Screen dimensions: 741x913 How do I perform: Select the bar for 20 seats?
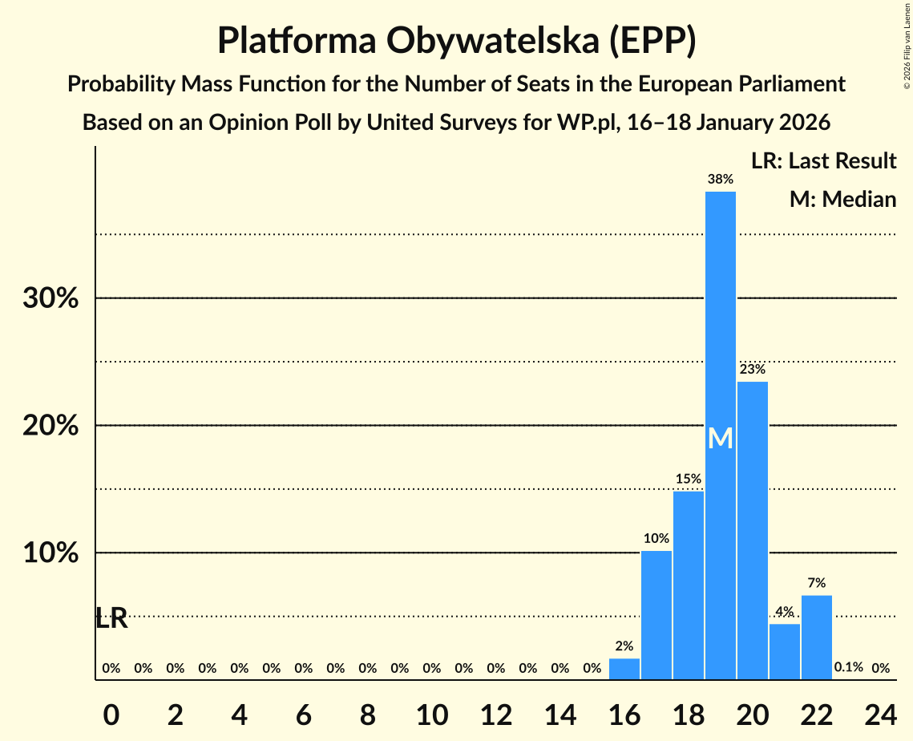click(x=752, y=529)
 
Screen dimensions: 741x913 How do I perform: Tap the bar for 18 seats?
click(x=688, y=585)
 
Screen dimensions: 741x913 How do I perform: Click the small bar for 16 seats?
click(x=624, y=669)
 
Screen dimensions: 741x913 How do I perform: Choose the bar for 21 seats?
click(x=784, y=651)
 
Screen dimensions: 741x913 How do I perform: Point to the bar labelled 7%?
click(x=816, y=637)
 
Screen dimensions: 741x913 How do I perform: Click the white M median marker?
click(x=720, y=438)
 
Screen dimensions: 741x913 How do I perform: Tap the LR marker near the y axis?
click(x=111, y=618)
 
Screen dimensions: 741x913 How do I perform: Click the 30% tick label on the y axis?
click(x=50, y=298)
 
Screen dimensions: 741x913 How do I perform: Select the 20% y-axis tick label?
click(x=50, y=426)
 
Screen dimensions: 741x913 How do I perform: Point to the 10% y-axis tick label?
click(x=50, y=553)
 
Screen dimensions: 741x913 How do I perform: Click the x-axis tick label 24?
click(x=880, y=713)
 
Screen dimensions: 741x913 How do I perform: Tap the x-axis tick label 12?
click(x=495, y=713)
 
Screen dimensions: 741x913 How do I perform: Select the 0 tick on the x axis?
click(x=111, y=713)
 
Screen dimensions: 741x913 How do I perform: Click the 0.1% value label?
click(x=848, y=667)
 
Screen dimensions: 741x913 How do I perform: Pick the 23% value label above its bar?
click(x=752, y=370)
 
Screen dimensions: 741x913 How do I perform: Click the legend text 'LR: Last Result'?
click(x=823, y=161)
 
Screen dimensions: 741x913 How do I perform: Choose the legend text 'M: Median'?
click(x=842, y=199)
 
